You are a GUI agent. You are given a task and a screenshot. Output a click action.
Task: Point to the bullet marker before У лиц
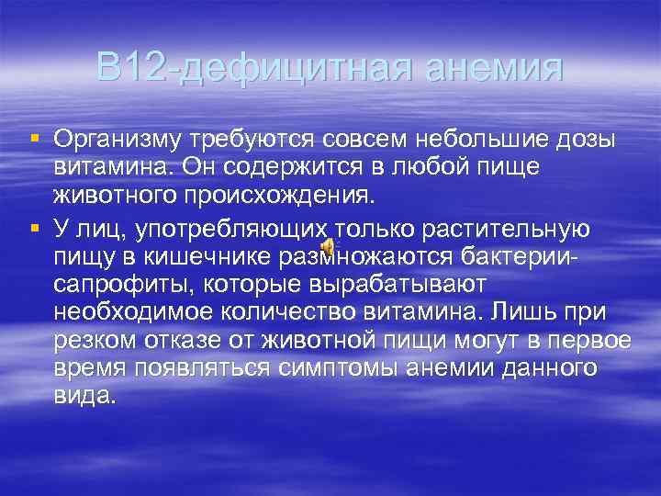click(35, 227)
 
